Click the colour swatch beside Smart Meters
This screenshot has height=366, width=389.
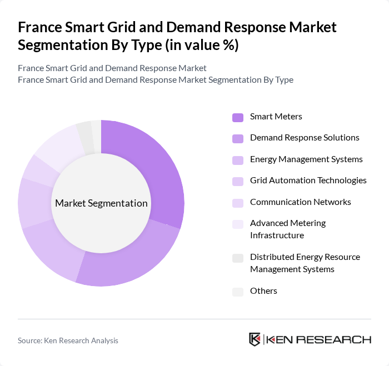click(238, 117)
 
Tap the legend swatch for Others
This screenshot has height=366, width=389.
click(238, 292)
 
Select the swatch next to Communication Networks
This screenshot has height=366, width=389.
click(238, 203)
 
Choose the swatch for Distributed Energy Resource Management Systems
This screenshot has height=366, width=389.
click(238, 258)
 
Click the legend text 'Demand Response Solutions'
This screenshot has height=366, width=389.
click(305, 138)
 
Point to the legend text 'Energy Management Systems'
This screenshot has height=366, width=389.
click(306, 159)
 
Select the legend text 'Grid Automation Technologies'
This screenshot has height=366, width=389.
click(308, 181)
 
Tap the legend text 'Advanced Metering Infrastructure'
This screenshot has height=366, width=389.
click(288, 229)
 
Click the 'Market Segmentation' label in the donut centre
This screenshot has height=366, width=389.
click(101, 203)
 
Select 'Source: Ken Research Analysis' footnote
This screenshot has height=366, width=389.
click(68, 340)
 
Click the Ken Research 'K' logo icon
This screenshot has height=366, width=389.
click(255, 339)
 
